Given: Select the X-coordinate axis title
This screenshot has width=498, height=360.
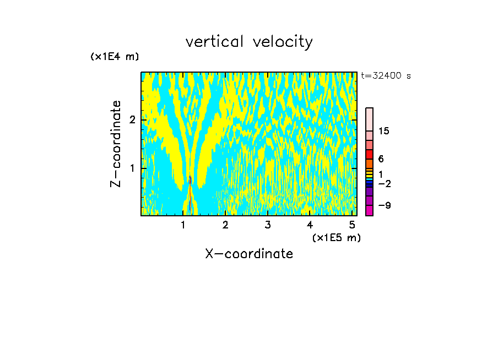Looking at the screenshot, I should click(249, 254).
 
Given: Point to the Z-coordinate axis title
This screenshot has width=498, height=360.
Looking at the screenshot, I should click(116, 144).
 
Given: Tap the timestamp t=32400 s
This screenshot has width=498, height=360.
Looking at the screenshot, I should click(386, 76).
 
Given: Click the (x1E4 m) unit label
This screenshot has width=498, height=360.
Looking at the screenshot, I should click(115, 57).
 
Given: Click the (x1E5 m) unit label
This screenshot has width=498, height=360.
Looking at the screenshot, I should click(336, 237).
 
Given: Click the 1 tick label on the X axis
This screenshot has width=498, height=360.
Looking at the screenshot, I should click(183, 225).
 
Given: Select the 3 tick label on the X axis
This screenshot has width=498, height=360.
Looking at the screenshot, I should click(267, 225).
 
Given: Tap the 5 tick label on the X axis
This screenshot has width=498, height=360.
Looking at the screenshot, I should click(352, 225).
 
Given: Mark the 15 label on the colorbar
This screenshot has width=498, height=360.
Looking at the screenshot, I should click(384, 131).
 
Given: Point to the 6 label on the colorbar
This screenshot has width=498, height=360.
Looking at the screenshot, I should click(381, 159).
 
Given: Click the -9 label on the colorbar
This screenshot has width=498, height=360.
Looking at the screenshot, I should click(385, 206).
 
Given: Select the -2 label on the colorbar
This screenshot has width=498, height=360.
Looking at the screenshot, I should click(385, 183).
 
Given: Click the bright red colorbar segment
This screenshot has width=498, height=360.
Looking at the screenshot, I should click(370, 154).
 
